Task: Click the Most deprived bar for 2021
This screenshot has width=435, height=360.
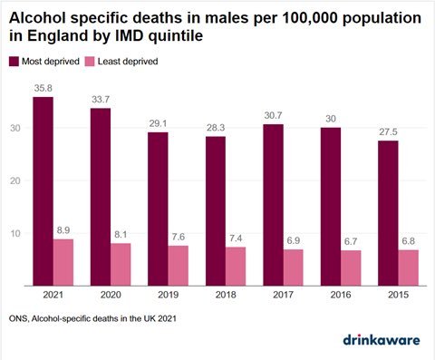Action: (43, 191)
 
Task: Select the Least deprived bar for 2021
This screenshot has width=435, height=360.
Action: (63, 262)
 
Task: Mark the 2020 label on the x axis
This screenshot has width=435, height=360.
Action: (111, 296)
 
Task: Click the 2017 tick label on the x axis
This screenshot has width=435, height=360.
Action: (282, 296)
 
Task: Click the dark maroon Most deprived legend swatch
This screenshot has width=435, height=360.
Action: (14, 61)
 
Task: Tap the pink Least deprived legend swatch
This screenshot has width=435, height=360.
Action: (107, 61)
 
